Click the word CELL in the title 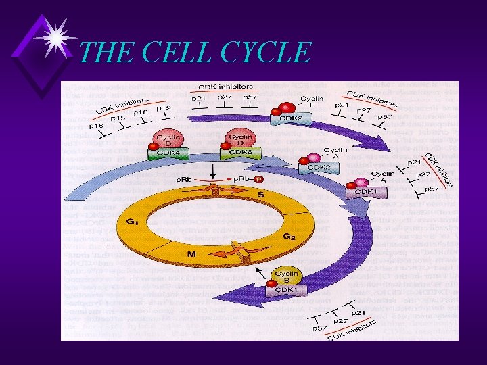(x=173, y=52)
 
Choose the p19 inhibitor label (x=163, y=108)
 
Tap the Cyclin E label (x=312, y=103)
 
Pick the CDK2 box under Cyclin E (x=286, y=119)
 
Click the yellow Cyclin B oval (x=287, y=276)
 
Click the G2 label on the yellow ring (x=289, y=237)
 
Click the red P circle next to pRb (x=259, y=180)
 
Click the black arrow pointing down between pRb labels (x=214, y=174)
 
